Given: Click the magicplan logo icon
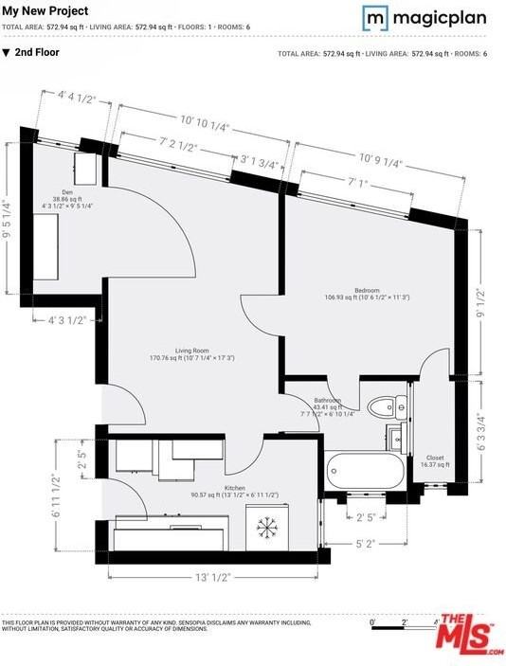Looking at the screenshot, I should (x=375, y=17).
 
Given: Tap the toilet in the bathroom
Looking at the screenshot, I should (x=382, y=407).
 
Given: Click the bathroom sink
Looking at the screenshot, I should (x=396, y=438).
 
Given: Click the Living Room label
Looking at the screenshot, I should (x=191, y=354).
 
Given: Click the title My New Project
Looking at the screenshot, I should (x=45, y=11).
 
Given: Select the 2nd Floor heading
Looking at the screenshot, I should (x=37, y=53).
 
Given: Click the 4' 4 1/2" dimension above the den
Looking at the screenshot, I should (x=79, y=96).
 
